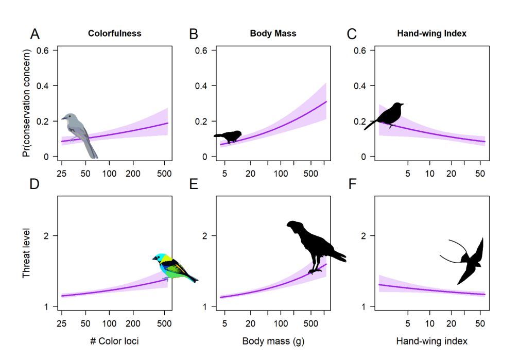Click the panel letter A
click(x=35, y=35)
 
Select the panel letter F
click(x=353, y=184)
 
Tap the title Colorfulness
click(x=114, y=34)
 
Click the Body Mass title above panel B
click(x=273, y=34)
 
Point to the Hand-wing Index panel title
click(x=431, y=34)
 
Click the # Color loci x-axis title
click(x=114, y=341)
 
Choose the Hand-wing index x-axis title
click(x=431, y=341)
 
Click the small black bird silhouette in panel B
click(x=229, y=136)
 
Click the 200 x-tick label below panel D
click(x=133, y=323)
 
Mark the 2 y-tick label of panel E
click(x=199, y=236)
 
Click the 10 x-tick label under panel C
click(x=430, y=174)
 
